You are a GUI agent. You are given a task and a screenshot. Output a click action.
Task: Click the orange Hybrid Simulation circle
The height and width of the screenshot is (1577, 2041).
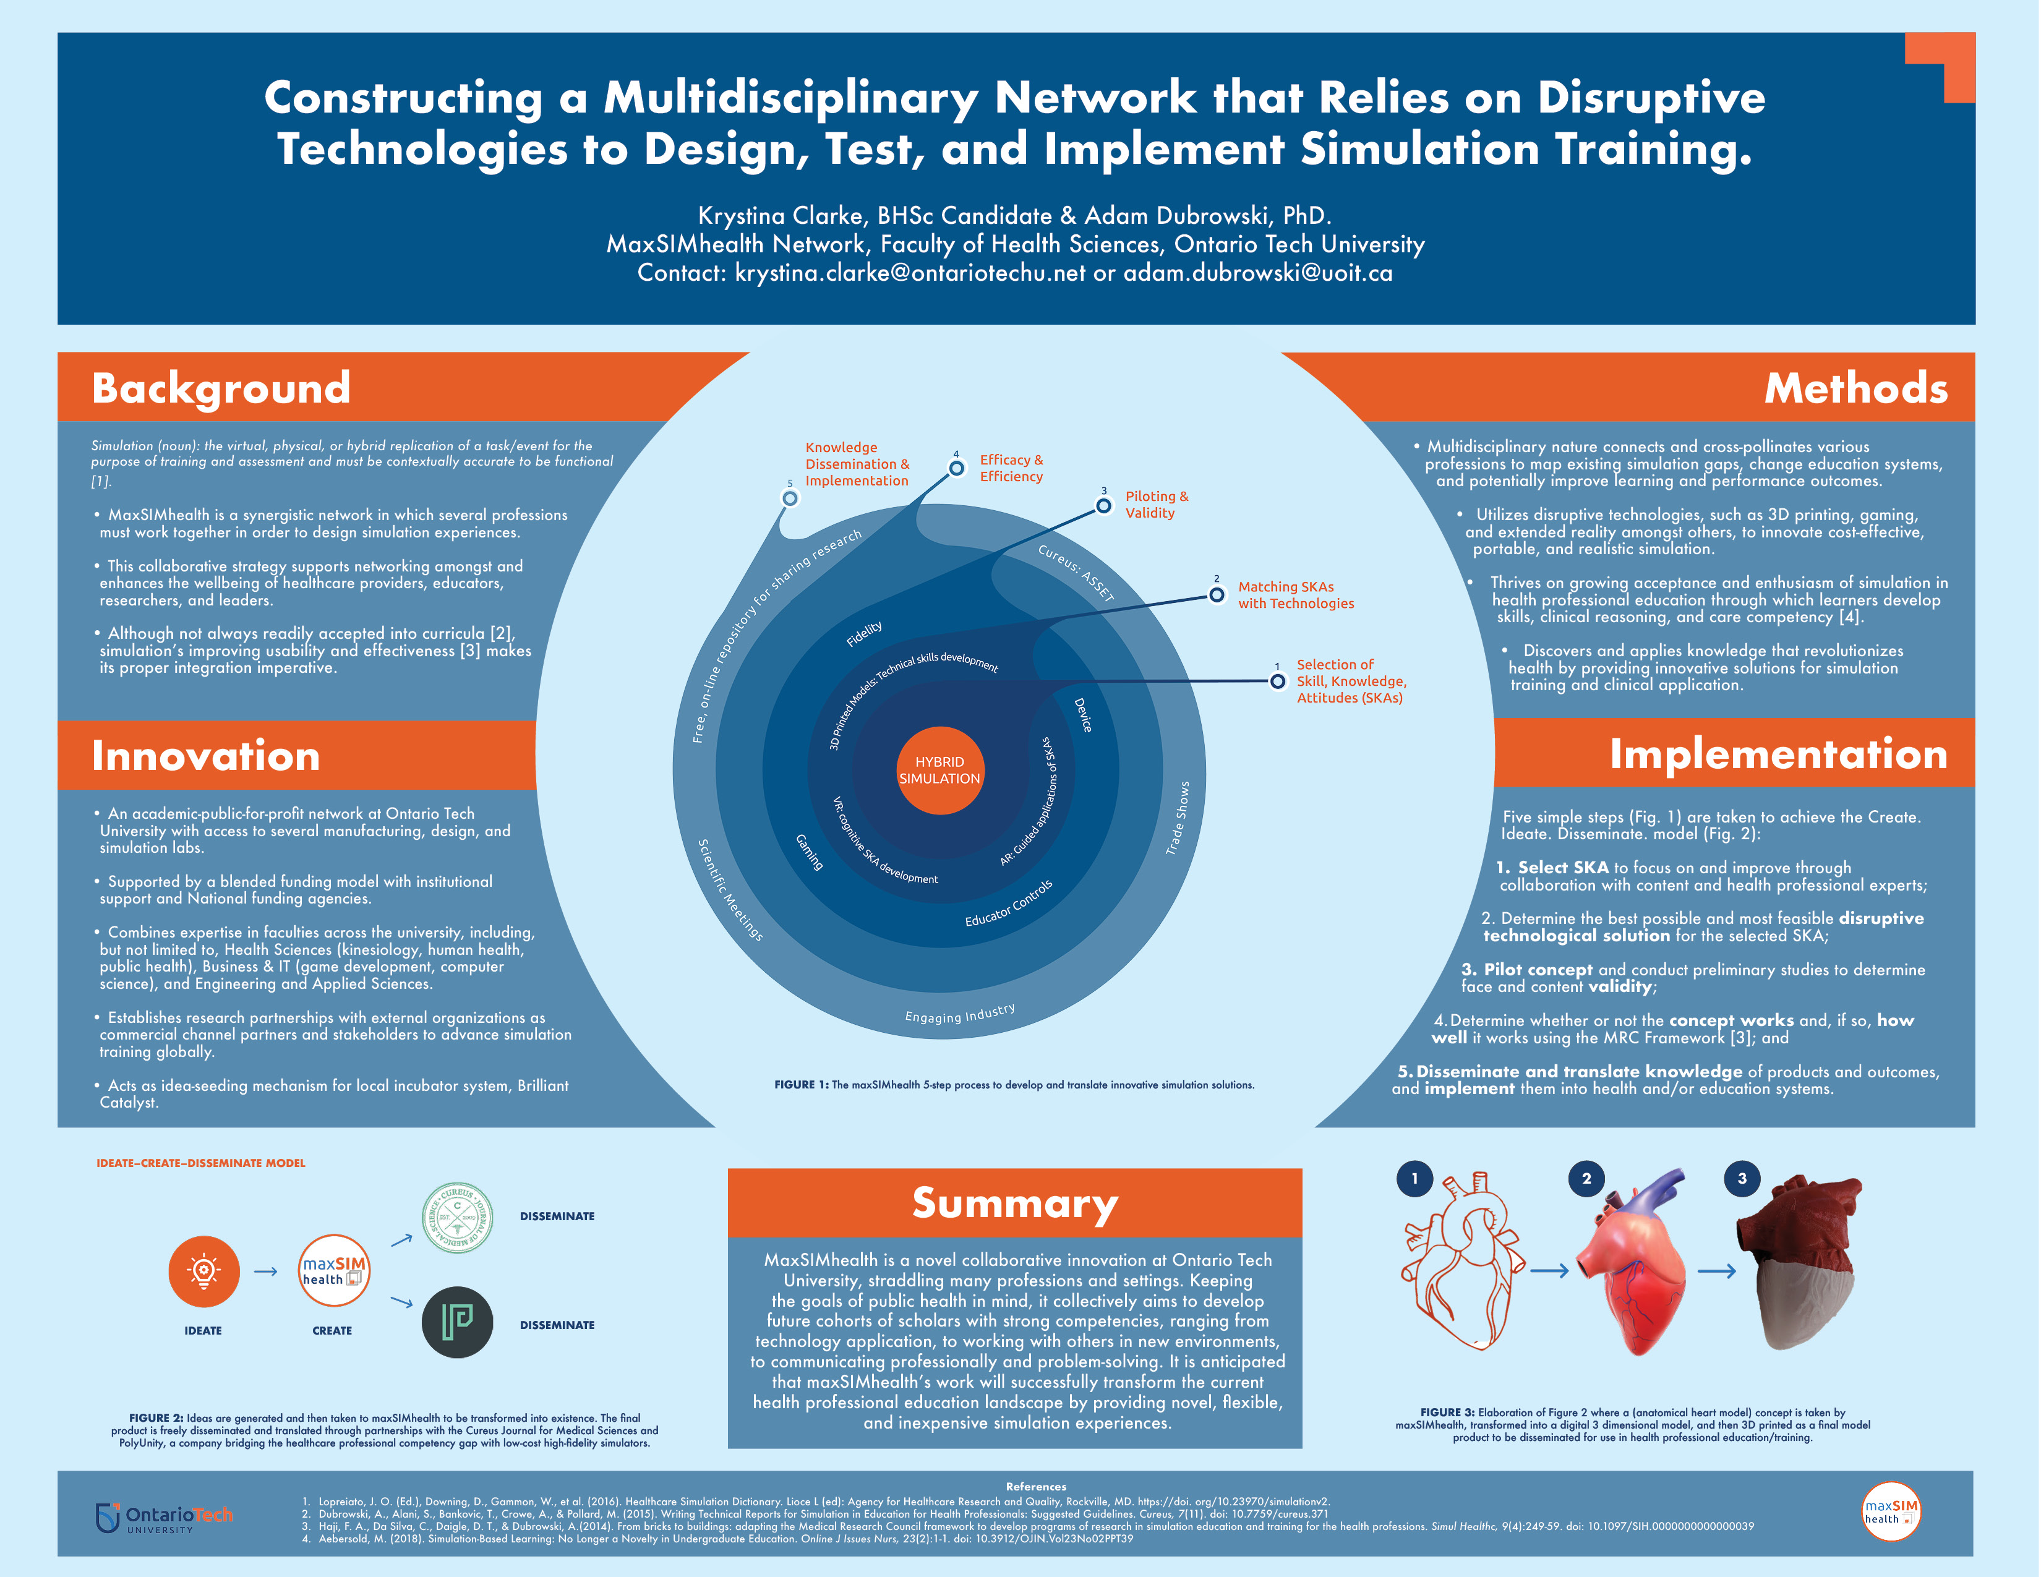click(939, 771)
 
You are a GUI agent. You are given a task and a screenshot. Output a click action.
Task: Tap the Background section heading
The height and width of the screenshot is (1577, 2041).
click(221, 388)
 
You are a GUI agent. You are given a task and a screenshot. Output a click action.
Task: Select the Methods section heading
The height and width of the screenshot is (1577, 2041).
click(1855, 388)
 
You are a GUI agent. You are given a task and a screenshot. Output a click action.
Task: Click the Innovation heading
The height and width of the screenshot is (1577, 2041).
click(205, 755)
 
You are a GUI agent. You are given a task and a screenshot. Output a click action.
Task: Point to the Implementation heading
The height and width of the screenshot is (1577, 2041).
click(1778, 753)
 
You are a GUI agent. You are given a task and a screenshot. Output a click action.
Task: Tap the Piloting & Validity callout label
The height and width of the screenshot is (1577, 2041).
click(1156, 505)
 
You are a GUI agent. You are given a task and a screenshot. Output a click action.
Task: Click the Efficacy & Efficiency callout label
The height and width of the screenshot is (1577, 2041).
click(1011, 468)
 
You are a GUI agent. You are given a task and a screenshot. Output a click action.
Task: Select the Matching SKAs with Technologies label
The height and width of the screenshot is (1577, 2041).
click(1295, 595)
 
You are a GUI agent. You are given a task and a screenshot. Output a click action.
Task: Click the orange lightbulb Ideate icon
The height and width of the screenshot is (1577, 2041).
click(203, 1271)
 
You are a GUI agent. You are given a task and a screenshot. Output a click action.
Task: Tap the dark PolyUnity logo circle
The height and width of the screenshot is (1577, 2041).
click(457, 1322)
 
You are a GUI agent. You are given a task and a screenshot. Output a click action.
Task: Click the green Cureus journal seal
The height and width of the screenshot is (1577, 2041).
click(457, 1217)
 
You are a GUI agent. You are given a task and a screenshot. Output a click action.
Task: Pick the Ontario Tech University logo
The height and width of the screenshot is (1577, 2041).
click(165, 1516)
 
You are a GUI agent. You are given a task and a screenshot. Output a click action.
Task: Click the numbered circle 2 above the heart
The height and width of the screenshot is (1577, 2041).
click(1586, 1178)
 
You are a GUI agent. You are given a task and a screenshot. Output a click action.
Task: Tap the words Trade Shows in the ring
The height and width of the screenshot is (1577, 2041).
click(1178, 818)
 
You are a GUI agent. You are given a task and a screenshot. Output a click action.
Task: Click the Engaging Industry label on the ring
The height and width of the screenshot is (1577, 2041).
click(960, 1014)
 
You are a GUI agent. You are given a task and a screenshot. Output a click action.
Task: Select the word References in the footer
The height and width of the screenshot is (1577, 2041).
click(1035, 1485)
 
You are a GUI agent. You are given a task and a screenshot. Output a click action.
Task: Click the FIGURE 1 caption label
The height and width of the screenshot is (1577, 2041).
click(801, 1085)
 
